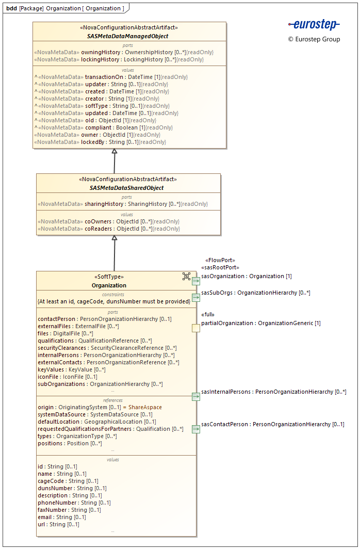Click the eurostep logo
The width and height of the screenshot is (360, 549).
[x=314, y=25]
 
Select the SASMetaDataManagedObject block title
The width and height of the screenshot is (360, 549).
[x=127, y=36]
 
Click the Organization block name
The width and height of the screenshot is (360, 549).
[x=109, y=285]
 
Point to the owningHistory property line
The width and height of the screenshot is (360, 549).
[x=124, y=52]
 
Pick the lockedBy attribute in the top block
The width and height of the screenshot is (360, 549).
[x=101, y=142]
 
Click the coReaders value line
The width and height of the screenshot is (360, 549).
[x=109, y=229]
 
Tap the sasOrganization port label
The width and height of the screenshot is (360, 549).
[x=247, y=276]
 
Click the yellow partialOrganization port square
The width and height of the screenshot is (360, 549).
[x=196, y=328]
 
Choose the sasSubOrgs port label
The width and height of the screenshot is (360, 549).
[x=255, y=293]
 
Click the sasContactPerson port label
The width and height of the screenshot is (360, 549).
[x=272, y=424]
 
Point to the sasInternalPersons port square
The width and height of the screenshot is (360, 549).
[x=196, y=396]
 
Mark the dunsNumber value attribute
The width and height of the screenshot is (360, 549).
[x=72, y=488]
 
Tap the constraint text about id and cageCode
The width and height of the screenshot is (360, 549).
[x=114, y=301]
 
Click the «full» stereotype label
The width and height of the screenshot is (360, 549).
[x=207, y=315]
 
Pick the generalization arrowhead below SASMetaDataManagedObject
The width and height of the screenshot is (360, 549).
[x=114, y=151]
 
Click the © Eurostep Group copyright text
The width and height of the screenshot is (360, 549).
[x=314, y=39]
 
